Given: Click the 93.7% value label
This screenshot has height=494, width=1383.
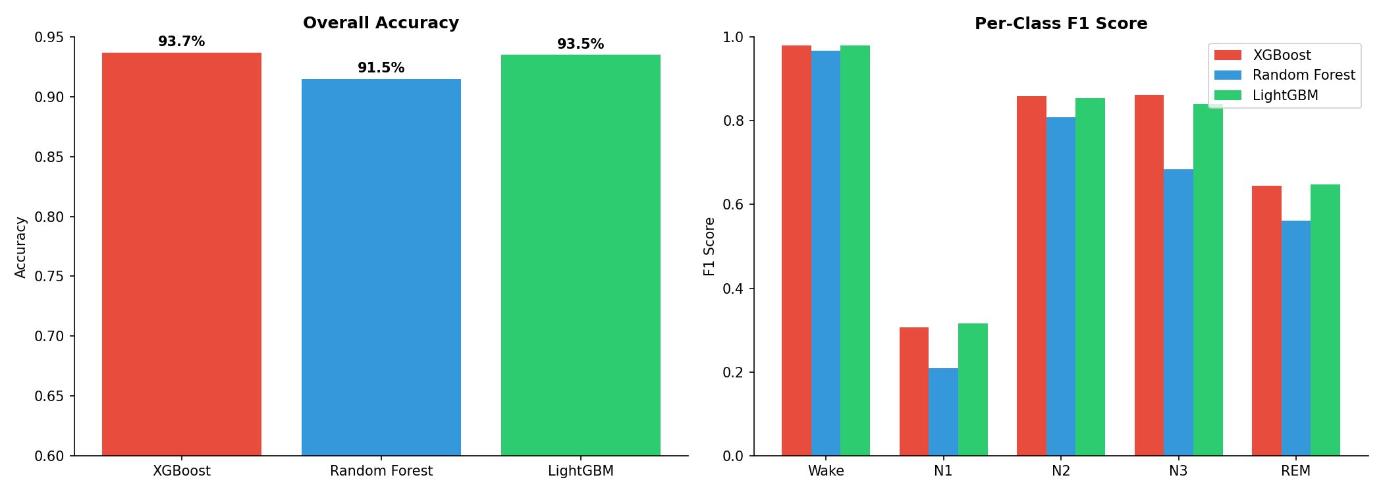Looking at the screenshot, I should click(182, 42).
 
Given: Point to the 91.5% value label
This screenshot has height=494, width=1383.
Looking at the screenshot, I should click(381, 69).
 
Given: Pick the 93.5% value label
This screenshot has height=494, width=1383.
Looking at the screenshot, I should click(581, 45).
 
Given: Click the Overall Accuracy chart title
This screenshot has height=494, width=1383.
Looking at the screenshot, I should click(381, 23).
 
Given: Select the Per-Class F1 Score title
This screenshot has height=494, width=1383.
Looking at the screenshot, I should click(1061, 24).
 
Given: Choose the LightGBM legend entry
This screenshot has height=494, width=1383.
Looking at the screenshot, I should click(1285, 96).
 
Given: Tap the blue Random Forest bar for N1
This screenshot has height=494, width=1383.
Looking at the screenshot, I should click(943, 412).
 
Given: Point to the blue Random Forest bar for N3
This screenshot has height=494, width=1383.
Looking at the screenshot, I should click(1178, 312).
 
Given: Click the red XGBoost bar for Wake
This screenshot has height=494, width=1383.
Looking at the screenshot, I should click(796, 250).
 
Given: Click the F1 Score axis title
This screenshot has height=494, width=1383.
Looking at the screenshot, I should click(709, 246).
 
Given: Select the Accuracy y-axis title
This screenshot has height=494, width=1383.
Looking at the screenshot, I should click(20, 247).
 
